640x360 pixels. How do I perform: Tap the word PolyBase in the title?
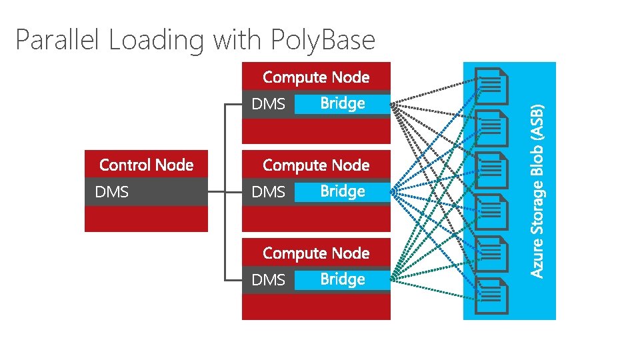pos(323,41)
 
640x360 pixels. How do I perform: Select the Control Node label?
pos(146,165)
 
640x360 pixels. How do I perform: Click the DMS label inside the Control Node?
pos(112,192)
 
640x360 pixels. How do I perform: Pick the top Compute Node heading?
pos(316,77)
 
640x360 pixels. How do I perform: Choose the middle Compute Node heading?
pos(316,165)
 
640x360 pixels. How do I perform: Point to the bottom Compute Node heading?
pos(316,253)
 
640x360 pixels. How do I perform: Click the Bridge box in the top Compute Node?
pos(341,103)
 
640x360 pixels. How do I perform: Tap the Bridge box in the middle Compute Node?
pos(341,191)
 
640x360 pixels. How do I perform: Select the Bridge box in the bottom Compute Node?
pos(341,279)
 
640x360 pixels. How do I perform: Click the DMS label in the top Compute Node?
pos(268,104)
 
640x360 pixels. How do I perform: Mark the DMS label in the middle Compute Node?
pos(268,192)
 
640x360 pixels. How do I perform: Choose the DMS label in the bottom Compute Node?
pos(268,280)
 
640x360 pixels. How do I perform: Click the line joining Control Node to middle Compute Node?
pos(225,192)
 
